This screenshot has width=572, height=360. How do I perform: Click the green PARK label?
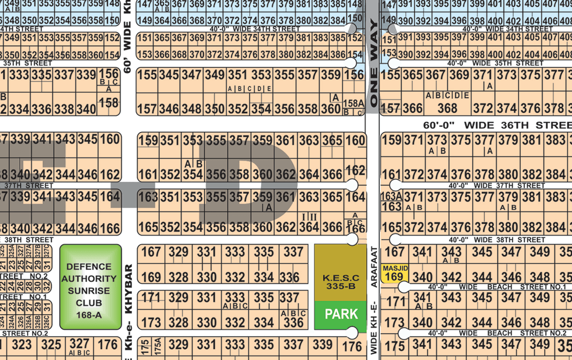[x=341, y=314]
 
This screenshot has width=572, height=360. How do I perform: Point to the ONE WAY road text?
[x=374, y=64]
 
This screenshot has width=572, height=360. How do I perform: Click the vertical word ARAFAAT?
[x=374, y=267]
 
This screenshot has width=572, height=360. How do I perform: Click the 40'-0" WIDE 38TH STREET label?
[x=497, y=240]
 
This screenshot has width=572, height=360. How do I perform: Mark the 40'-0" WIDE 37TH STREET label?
[x=497, y=186]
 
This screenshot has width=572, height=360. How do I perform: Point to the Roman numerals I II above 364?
[x=309, y=217]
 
